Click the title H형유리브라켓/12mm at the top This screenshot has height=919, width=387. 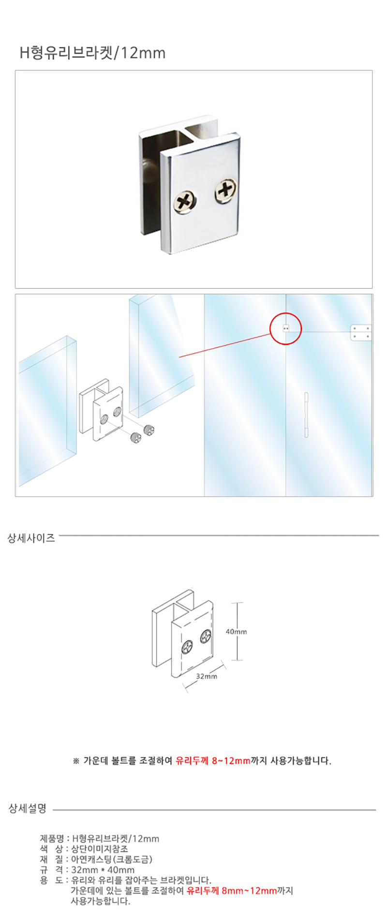(92, 52)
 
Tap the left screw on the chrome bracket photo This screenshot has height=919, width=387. (186, 201)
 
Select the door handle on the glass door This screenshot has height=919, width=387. (306, 415)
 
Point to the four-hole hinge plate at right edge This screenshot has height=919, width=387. (361, 332)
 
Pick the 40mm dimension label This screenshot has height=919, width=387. (236, 632)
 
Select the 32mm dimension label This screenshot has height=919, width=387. (207, 676)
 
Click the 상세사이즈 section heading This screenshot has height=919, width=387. (31, 538)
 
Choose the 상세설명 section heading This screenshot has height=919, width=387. (28, 809)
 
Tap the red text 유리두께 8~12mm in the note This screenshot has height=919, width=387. (213, 761)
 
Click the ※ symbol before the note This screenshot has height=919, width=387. (76, 761)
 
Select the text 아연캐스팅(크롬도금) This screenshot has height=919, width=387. (112, 860)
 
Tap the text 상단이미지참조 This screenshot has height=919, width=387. (100, 849)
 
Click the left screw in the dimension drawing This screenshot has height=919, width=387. (187, 646)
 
